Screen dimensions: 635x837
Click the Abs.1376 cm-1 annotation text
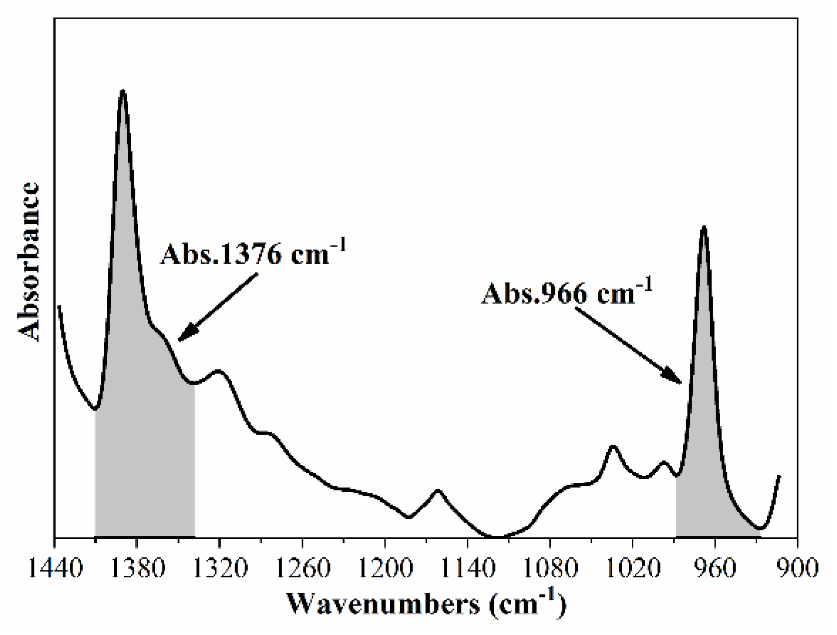click(x=252, y=254)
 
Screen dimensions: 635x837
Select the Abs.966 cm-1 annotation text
click(x=567, y=293)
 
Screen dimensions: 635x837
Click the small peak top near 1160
click(x=438, y=490)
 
